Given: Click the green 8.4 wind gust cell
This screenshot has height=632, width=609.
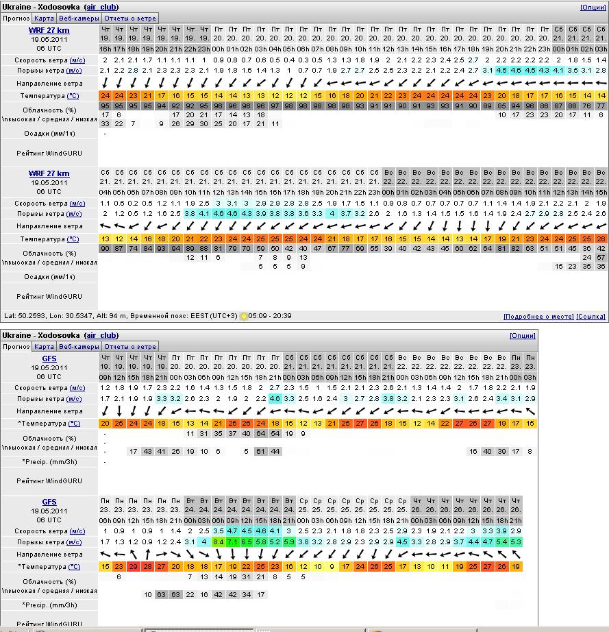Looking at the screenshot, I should [219, 542].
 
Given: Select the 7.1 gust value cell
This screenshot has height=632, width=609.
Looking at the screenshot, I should [232, 542].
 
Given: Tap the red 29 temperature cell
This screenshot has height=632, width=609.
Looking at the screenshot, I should [134, 567].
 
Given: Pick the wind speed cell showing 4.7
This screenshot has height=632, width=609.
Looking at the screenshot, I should [232, 531].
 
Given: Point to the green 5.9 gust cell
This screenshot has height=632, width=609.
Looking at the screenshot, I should [289, 542].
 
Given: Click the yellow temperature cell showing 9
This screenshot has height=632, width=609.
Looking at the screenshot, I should [332, 567].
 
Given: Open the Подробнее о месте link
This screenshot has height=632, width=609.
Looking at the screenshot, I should [538, 317].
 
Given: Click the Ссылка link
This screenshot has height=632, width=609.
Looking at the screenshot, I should [591, 317].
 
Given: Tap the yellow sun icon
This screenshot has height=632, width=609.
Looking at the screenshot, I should [244, 317].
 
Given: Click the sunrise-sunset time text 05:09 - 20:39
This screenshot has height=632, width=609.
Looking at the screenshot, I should [270, 317].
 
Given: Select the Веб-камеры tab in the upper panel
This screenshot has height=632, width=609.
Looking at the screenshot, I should [79, 19].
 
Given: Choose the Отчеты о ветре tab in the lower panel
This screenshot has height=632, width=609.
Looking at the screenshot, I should [131, 347].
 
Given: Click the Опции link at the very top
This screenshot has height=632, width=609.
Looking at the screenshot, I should [593, 8].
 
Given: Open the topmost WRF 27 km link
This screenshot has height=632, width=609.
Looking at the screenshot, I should [49, 31].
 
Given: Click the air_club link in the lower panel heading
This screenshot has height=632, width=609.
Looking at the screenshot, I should [101, 336].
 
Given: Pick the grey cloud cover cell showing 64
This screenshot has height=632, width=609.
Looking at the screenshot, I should [260, 434].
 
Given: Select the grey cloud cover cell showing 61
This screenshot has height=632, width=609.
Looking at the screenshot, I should [260, 451].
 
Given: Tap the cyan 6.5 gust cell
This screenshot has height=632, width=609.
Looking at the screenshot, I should [247, 542].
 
